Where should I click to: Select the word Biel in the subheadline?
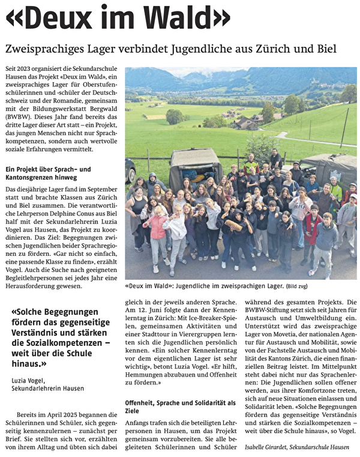[x=323, y=48]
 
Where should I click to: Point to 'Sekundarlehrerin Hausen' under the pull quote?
[x=48, y=388]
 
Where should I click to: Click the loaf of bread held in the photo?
[x=233, y=225]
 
